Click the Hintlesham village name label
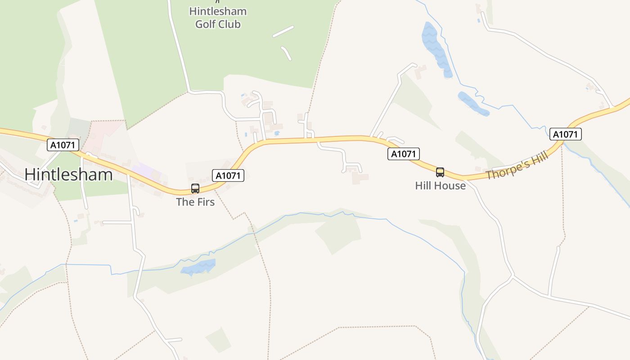click(68, 174)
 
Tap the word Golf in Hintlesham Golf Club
click(205, 24)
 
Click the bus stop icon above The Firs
click(195, 189)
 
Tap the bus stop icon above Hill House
click(440, 172)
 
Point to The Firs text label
click(195, 202)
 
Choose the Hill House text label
click(440, 185)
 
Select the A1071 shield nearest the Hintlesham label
click(63, 145)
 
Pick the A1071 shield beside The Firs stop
click(228, 175)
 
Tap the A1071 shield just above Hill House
click(404, 154)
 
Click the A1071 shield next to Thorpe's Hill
click(565, 134)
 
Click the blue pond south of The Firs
click(198, 267)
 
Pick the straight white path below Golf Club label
click(283, 31)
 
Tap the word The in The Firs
click(184, 202)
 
